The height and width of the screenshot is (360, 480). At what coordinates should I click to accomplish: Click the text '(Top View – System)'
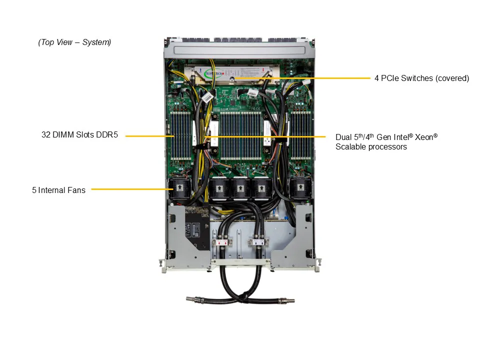click(x=74, y=42)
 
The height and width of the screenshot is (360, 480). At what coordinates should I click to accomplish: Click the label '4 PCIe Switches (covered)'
click(x=421, y=78)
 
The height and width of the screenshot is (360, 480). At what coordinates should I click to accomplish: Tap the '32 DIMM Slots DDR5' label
click(x=79, y=135)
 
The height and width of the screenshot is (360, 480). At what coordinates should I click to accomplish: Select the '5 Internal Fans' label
click(x=58, y=190)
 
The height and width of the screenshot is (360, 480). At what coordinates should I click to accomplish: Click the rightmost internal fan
click(x=300, y=188)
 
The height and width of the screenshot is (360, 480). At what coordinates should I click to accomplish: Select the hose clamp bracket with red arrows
click(x=222, y=242)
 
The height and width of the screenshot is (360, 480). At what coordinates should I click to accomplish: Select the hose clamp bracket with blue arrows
click(x=258, y=242)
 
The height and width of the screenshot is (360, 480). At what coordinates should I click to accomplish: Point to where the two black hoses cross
click(x=240, y=293)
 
